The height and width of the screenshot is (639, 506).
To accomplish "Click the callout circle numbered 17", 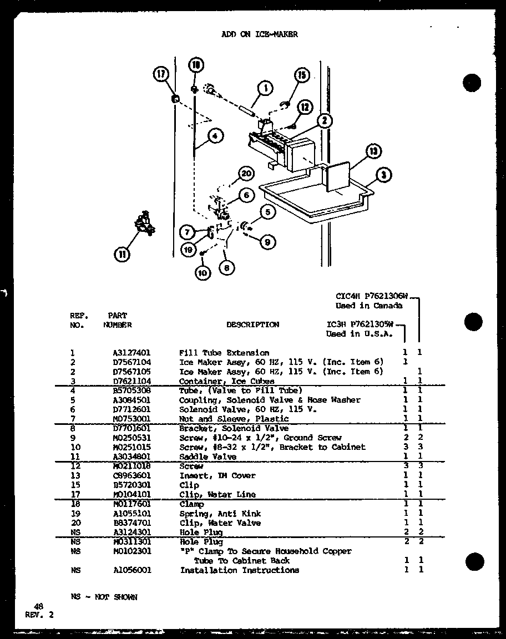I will click(x=161, y=74).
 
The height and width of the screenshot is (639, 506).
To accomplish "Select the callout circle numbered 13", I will click(x=375, y=151).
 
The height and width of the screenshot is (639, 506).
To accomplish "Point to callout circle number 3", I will click(x=383, y=176).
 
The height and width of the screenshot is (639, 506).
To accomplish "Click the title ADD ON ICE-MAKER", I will click(x=259, y=34).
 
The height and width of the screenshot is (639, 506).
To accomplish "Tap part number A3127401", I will click(x=131, y=353).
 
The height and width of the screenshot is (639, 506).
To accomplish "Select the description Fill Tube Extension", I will click(x=224, y=353).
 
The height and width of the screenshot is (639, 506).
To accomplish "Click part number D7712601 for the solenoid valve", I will click(x=131, y=409).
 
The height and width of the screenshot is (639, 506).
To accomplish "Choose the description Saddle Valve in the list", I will click(x=208, y=457).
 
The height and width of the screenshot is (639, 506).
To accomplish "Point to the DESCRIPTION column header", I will click(x=252, y=325).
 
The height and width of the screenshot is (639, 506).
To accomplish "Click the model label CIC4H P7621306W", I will click(x=372, y=296).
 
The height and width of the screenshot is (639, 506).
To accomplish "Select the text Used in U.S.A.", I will click(x=359, y=334).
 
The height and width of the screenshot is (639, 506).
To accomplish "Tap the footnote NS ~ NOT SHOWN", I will click(x=104, y=597).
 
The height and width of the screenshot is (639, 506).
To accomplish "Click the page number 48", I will click(x=38, y=607).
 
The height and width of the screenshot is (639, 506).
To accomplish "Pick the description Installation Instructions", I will click(x=239, y=570).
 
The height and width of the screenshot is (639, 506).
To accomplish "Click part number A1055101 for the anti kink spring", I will click(x=131, y=514).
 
